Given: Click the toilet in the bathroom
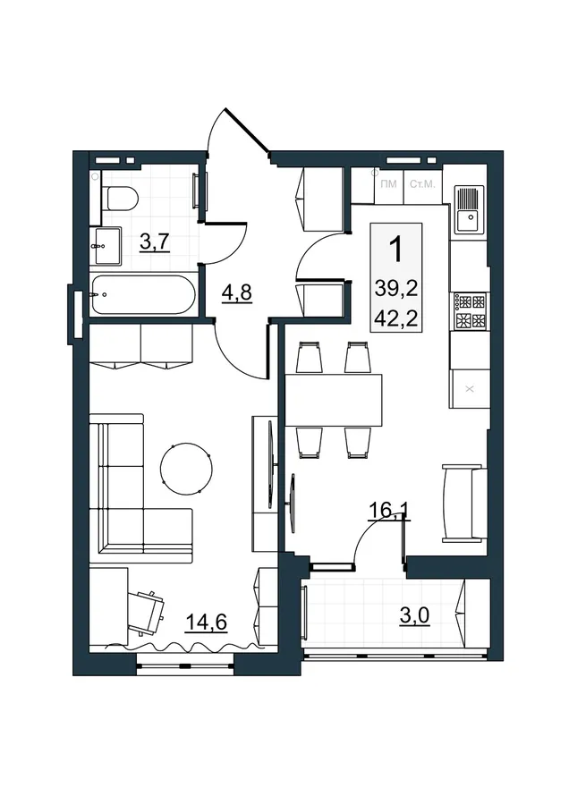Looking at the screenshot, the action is (x=120, y=199).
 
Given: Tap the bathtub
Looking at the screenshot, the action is (x=143, y=294).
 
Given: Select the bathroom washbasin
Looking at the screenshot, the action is (x=106, y=246).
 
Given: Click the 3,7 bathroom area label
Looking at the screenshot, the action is (x=155, y=241).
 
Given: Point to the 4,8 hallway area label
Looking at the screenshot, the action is (x=237, y=293).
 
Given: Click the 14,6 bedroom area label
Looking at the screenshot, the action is (x=207, y=622).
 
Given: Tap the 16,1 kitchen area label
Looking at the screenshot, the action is (x=390, y=511).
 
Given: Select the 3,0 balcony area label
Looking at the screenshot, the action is (x=414, y=615).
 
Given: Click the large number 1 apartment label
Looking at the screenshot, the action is (x=396, y=249).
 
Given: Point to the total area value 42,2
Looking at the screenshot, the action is (x=396, y=318).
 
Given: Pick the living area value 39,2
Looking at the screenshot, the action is (x=396, y=289).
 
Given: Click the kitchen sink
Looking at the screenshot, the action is (x=468, y=209).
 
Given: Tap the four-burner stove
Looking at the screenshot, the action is (x=469, y=311).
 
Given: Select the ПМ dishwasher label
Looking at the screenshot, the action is (x=389, y=184).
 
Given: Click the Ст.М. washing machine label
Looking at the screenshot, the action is (x=422, y=184).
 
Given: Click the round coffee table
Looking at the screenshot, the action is (x=186, y=469).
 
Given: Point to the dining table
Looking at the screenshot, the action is (x=334, y=401).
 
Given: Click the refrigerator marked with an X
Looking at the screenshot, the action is (x=468, y=389).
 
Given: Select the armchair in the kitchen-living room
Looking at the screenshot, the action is (x=464, y=503).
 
